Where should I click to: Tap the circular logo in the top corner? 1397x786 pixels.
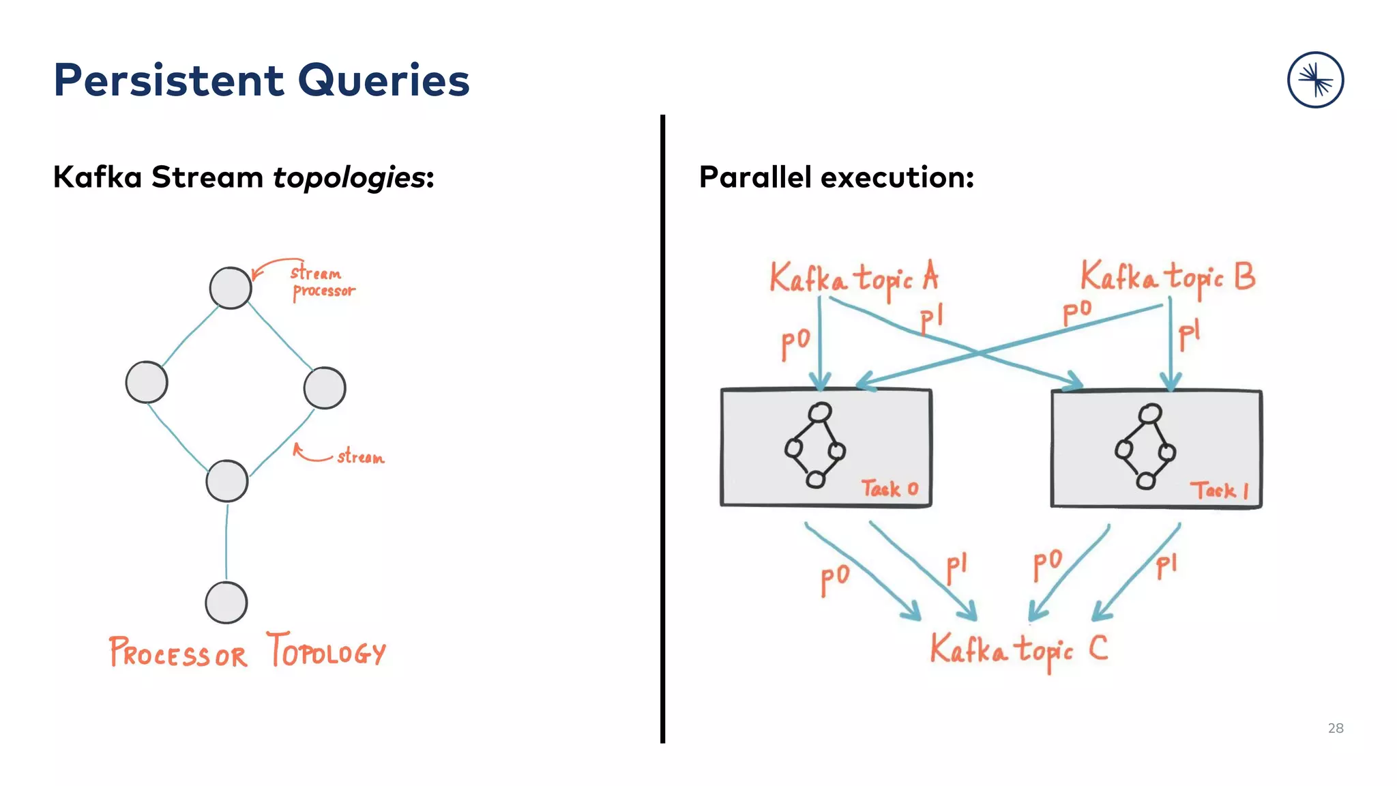point(1315,80)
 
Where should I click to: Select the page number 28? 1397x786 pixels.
point(1335,728)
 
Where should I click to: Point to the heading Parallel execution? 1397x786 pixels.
point(836,177)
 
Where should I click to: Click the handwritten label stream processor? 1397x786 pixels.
point(322,282)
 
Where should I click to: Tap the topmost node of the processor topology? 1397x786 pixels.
point(231,288)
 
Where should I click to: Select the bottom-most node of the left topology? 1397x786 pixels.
point(226,602)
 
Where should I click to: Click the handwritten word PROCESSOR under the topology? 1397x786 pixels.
point(177,653)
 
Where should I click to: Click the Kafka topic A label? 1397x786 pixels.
point(853,278)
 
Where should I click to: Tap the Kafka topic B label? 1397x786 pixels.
point(1167,277)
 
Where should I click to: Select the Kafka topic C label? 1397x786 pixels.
point(1018,649)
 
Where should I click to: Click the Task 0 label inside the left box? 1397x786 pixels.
point(889,489)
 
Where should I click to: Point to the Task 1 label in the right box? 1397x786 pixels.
point(1219,490)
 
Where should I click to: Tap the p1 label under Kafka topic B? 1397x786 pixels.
point(1188,334)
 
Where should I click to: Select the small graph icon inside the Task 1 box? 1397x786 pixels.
point(1146,446)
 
